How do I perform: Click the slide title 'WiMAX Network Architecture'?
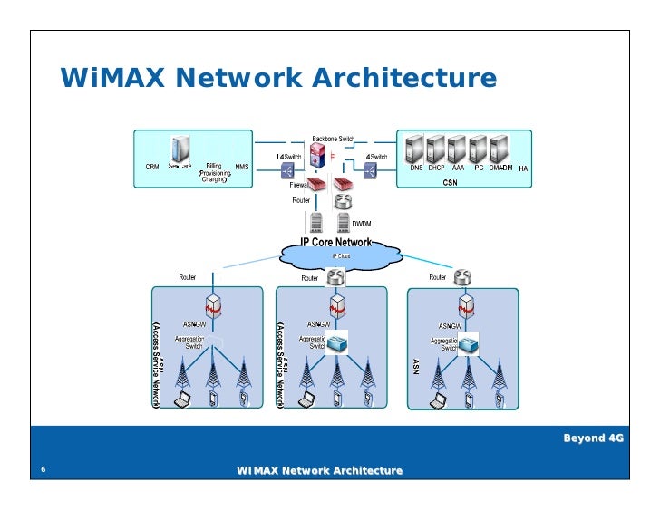pos(278,79)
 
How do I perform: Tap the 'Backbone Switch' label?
pos(333,139)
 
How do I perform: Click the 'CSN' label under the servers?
pos(450,182)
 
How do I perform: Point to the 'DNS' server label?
pos(416,168)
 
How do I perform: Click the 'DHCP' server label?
pos(436,168)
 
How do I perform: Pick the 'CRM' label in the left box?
pos(152,167)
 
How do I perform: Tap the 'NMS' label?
pos(242,167)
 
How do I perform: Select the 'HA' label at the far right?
pos(524,168)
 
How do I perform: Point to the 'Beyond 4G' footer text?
pos(595,438)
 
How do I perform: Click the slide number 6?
pos(43,470)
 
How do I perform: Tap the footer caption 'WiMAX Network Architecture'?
pos(319,470)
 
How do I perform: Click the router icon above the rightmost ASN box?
pos(463,276)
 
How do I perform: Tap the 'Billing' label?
pos(214,167)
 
